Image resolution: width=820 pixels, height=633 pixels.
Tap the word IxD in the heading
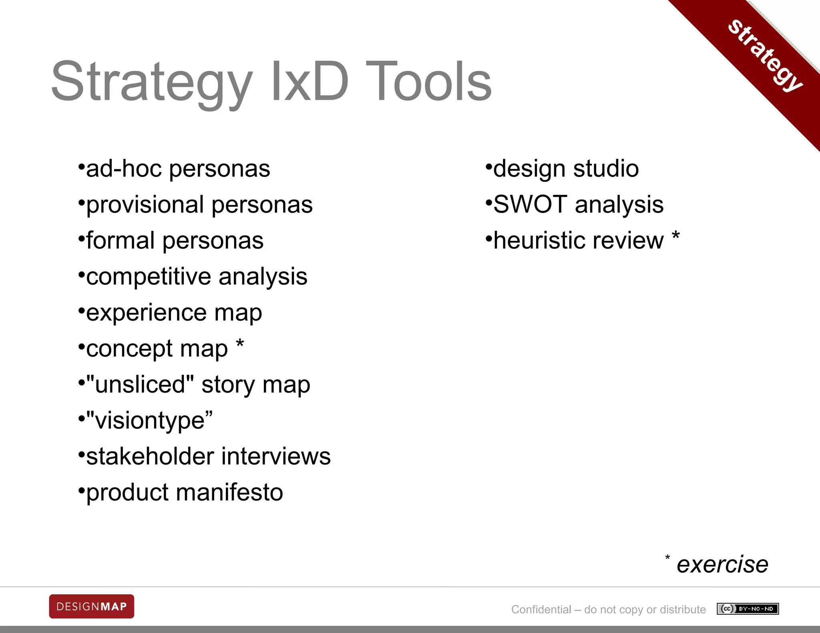pos(310,82)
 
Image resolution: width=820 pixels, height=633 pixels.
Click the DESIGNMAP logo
pos(92,606)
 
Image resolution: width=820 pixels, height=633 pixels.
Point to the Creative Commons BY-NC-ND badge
pos(748,609)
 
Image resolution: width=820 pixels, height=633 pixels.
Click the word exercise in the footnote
pos(722,565)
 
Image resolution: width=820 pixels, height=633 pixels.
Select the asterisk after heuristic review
pos(675,236)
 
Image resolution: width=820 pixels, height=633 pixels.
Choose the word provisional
pos(145,205)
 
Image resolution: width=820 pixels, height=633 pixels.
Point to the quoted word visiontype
pos(149,421)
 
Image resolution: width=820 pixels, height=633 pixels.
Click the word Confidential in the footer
pos(541,609)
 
